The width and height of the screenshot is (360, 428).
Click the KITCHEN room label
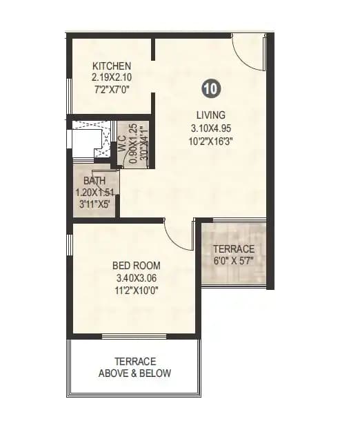pos(112,66)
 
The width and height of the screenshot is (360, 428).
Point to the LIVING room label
pos(209,115)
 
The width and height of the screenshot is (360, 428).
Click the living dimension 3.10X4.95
pos(209,128)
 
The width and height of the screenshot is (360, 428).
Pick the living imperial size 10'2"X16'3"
pos(209,141)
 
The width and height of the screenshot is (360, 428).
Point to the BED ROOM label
pos(137,266)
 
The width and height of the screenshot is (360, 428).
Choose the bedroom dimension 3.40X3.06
pos(137,278)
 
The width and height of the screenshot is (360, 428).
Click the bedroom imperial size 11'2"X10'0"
pos(137,290)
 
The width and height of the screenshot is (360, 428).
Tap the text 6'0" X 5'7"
pos(233,262)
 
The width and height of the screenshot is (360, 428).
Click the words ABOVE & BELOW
pos(135,373)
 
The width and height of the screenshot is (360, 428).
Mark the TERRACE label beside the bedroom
pos(233,249)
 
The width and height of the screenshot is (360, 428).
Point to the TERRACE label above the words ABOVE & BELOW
pos(135,361)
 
